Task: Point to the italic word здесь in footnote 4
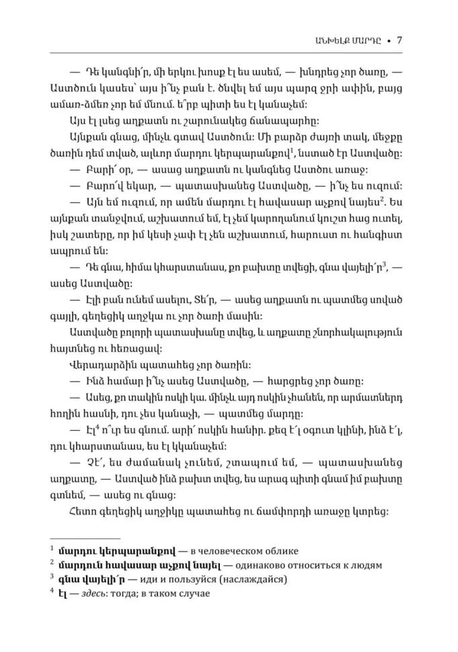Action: tap(98, 593)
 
